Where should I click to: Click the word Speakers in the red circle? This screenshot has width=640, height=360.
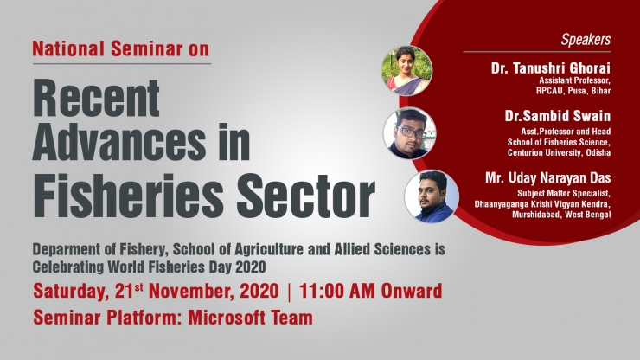coord(586,40)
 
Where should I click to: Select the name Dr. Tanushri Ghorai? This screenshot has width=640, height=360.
coord(551,67)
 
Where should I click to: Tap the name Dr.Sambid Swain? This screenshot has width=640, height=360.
coord(558,116)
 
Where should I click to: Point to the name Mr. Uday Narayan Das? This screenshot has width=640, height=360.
coord(547,177)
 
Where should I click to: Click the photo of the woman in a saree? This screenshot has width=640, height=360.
coord(406,71)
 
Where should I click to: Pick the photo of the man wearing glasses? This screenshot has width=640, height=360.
coord(409,133)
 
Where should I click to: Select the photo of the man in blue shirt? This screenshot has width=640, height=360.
coord(432,196)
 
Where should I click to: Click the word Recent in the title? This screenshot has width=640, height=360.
coord(96,98)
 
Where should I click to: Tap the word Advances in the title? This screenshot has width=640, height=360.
coord(119,142)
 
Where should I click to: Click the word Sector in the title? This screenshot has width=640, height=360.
coord(305,196)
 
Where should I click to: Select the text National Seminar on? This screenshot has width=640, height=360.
coord(121,48)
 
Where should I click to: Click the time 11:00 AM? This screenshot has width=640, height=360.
coord(337,292)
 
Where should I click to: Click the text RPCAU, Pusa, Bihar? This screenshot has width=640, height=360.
coord(573,91)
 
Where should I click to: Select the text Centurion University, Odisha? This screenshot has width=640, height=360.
coord(560,153)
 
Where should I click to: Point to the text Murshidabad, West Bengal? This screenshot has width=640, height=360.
coord(561,215)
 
